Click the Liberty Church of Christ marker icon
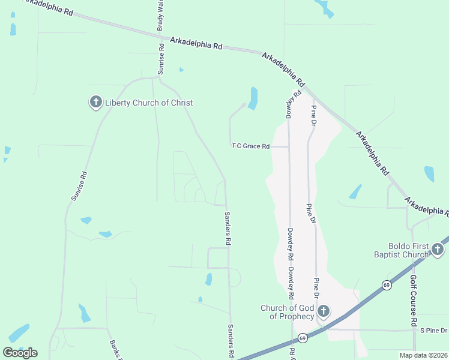pyautogui.click(x=95, y=103)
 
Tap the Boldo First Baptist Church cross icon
pyautogui.click(x=438, y=250)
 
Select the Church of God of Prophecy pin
pyautogui.click(x=324, y=311)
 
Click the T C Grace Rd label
pyautogui.click(x=251, y=146)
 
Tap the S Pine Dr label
pyautogui.click(x=434, y=331)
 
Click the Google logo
pyautogui.click(x=19, y=353)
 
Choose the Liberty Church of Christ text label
pyautogui.click(x=149, y=103)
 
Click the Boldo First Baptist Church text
pyautogui.click(x=408, y=250)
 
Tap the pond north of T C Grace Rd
pyautogui.click(x=253, y=98)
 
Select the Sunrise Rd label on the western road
pyautogui.click(x=79, y=186)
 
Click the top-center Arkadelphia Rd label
pyautogui.click(x=196, y=43)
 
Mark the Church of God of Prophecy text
pyautogui.click(x=287, y=312)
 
